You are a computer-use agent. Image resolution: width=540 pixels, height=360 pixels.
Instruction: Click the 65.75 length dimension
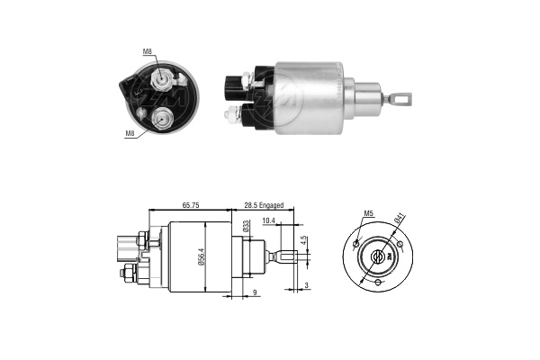(191, 205)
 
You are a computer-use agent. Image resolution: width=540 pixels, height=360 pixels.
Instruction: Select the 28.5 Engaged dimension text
(264, 205)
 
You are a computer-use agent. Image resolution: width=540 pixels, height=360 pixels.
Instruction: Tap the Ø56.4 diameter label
(202, 257)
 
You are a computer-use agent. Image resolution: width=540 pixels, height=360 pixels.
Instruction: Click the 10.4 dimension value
(268, 220)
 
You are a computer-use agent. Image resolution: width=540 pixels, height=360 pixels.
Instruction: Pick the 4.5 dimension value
(303, 240)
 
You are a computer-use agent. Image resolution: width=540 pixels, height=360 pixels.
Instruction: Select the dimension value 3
(307, 285)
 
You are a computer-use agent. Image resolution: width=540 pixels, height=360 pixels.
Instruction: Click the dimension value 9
(255, 292)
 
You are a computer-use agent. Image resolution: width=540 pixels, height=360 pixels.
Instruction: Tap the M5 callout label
(369, 213)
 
